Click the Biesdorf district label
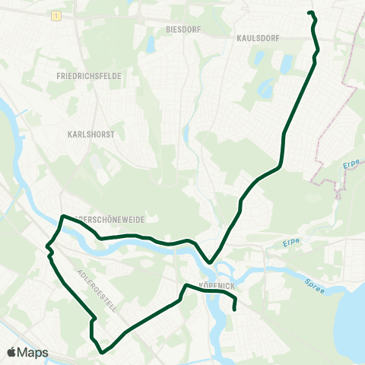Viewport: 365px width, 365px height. (182, 28)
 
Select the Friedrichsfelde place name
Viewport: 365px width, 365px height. (89, 77)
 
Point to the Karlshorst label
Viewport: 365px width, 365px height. (84, 131)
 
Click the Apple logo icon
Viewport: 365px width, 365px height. (12, 352)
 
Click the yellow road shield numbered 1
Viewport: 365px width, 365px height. (56, 16)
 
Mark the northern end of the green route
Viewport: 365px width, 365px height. (309, 13)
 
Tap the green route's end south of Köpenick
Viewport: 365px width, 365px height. (234, 309)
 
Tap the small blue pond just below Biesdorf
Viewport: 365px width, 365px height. (150, 45)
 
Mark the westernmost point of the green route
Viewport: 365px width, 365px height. (46, 246)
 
